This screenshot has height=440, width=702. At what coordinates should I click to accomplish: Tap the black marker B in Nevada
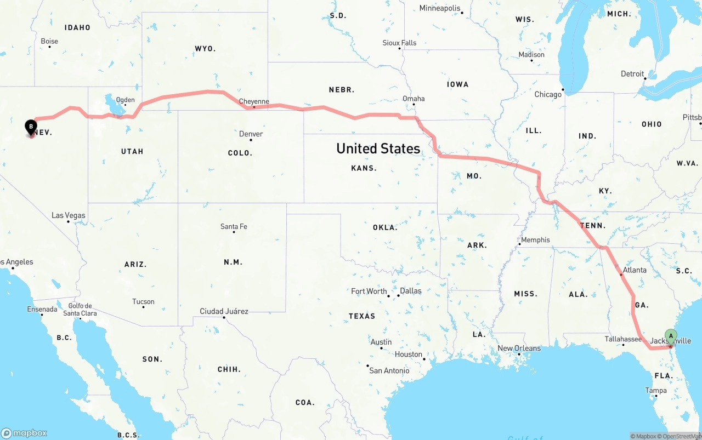click(31, 127)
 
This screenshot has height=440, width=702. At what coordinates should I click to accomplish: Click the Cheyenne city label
click(254, 101)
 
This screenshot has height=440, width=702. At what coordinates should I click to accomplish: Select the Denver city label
click(251, 134)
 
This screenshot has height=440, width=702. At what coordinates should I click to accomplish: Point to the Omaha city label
click(414, 99)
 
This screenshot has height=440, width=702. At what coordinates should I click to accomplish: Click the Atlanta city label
click(635, 270)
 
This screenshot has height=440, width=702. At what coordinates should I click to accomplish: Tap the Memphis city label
click(535, 239)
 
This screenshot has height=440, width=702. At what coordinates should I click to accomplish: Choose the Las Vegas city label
click(69, 215)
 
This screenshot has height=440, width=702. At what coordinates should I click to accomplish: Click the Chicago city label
click(548, 94)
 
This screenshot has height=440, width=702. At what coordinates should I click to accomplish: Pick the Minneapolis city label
click(440, 8)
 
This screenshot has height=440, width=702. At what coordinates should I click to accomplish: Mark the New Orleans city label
click(519, 348)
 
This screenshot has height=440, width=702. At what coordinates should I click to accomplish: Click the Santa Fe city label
click(234, 226)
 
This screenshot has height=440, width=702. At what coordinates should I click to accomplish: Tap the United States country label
click(378, 148)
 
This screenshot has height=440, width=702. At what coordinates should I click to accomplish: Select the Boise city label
click(49, 41)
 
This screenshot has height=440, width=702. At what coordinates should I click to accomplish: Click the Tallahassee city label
click(623, 339)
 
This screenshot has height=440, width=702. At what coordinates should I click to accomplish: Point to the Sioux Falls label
click(399, 43)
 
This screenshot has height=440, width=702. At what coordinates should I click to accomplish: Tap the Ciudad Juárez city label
click(224, 311)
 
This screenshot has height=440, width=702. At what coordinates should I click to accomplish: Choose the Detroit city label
click(632, 74)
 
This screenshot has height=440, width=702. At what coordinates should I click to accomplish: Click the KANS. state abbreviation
click(364, 168)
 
